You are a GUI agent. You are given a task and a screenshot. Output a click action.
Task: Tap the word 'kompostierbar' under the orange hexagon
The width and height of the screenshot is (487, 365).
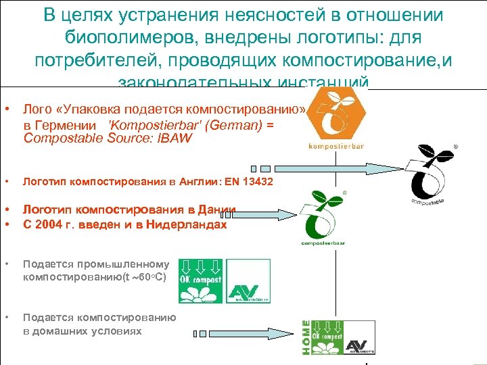click(336, 146)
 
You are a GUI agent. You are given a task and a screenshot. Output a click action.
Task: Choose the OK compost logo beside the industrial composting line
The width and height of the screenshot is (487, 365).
click(200, 281)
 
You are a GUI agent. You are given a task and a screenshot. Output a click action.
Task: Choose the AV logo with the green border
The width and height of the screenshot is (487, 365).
click(248, 281)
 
